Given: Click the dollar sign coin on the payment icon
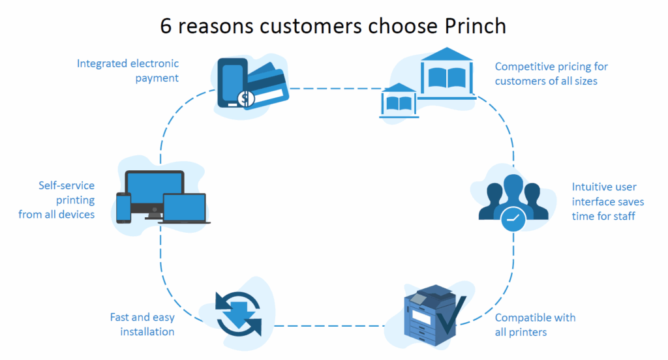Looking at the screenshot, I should [x=247, y=99].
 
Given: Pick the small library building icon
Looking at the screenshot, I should [x=399, y=100].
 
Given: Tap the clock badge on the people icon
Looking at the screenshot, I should [x=513, y=218].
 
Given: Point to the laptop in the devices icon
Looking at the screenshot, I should [x=185, y=210].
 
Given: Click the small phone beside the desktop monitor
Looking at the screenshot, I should [x=124, y=207].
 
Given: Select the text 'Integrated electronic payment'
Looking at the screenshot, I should [x=128, y=71].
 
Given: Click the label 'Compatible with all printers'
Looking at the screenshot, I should [x=535, y=325].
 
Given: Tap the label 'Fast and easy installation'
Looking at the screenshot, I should [x=142, y=325].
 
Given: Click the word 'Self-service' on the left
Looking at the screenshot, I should [x=67, y=186].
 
